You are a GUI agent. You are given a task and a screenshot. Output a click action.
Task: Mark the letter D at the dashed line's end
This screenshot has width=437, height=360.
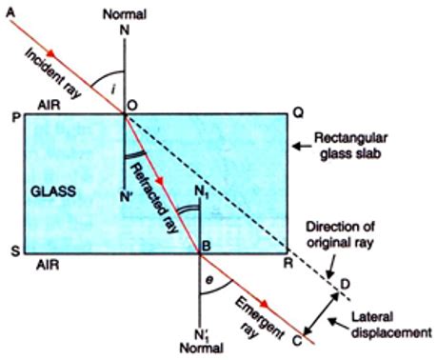(x=345, y=283)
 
